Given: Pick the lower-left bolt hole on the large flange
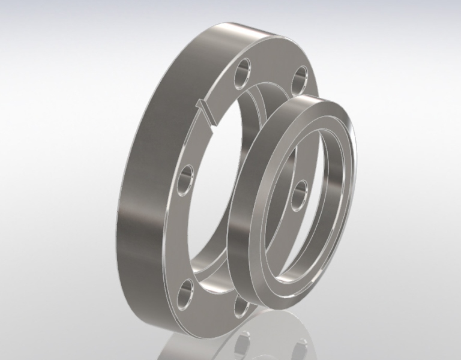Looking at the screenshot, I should pos(187,289).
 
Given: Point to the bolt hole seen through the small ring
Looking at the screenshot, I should pos(301,193).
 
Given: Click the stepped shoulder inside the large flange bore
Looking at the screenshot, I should pos(262,99).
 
